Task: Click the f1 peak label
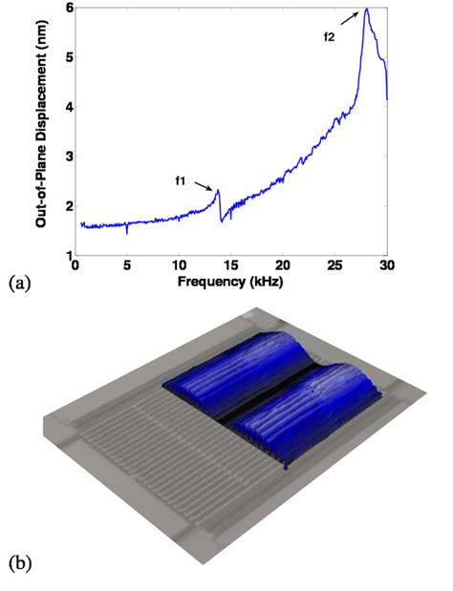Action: tap(182, 179)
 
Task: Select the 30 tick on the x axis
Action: tap(386, 265)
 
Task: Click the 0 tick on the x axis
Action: tap(76, 265)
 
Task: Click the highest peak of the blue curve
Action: tap(366, 10)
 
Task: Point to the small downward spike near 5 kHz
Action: tap(127, 230)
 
